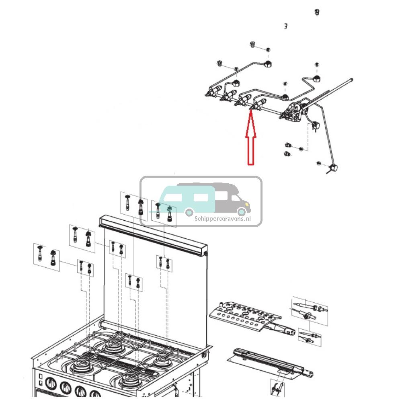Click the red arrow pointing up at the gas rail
point(251,141)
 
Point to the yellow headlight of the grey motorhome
point(242,205)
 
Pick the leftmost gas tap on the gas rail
point(213,92)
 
